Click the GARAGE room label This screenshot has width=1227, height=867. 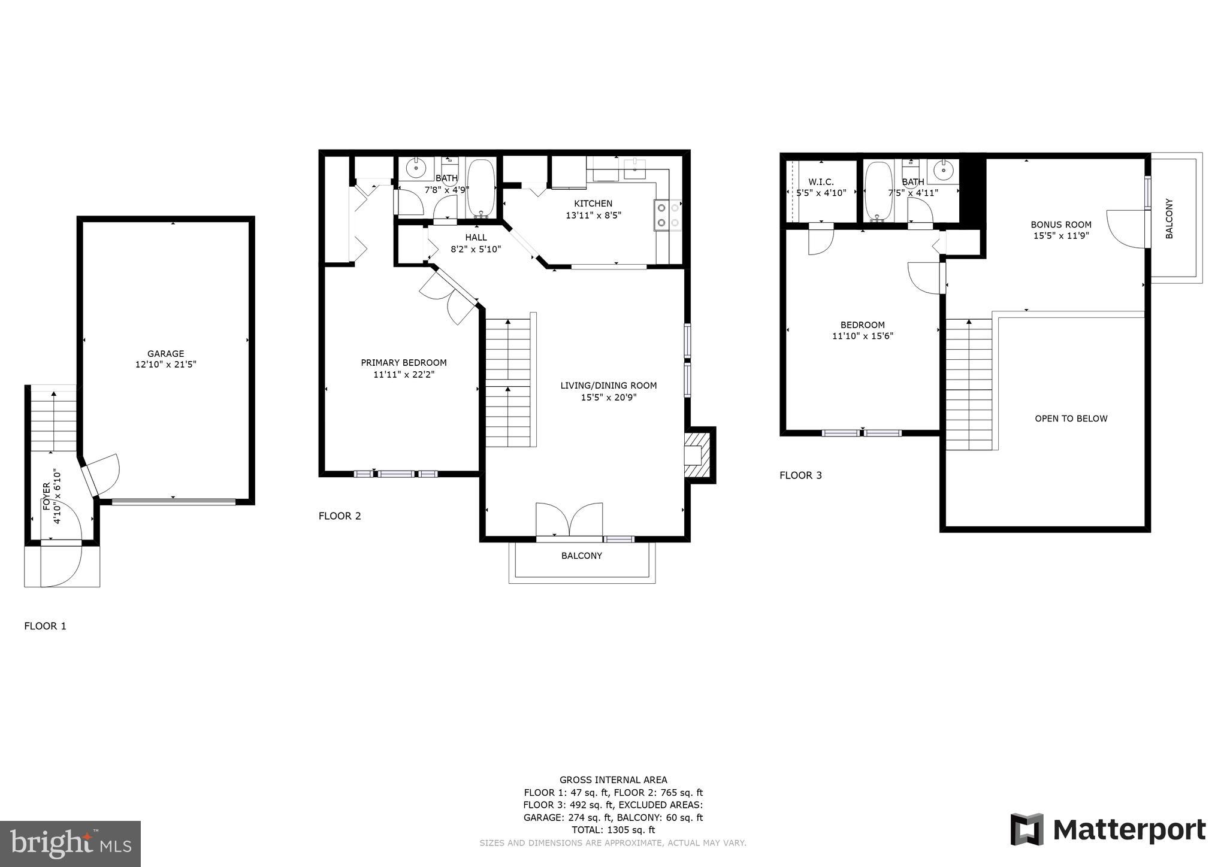point(165,353)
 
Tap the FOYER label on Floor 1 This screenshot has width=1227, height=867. point(47,496)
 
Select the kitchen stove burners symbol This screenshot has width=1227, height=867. point(668,215)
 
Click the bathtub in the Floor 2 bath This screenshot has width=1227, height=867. point(480,187)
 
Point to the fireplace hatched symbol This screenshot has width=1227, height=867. point(697,455)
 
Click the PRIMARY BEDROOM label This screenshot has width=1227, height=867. point(403,363)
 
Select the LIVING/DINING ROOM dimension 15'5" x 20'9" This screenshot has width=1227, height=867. point(608,397)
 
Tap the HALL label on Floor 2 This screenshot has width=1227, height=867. point(476,238)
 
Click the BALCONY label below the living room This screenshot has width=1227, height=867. point(581,556)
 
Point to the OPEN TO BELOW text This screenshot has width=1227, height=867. point(1071,419)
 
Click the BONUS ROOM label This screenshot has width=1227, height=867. point(1060,225)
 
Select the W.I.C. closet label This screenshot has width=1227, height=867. point(820,182)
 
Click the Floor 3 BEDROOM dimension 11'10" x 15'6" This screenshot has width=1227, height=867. point(862,337)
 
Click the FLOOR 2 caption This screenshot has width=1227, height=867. point(340,516)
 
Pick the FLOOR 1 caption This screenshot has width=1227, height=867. point(45,626)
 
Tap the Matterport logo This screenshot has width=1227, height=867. point(1108,830)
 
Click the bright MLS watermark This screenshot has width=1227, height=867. point(70,844)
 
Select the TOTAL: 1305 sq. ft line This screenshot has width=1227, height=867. point(613,830)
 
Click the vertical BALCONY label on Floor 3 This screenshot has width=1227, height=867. point(1169,219)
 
